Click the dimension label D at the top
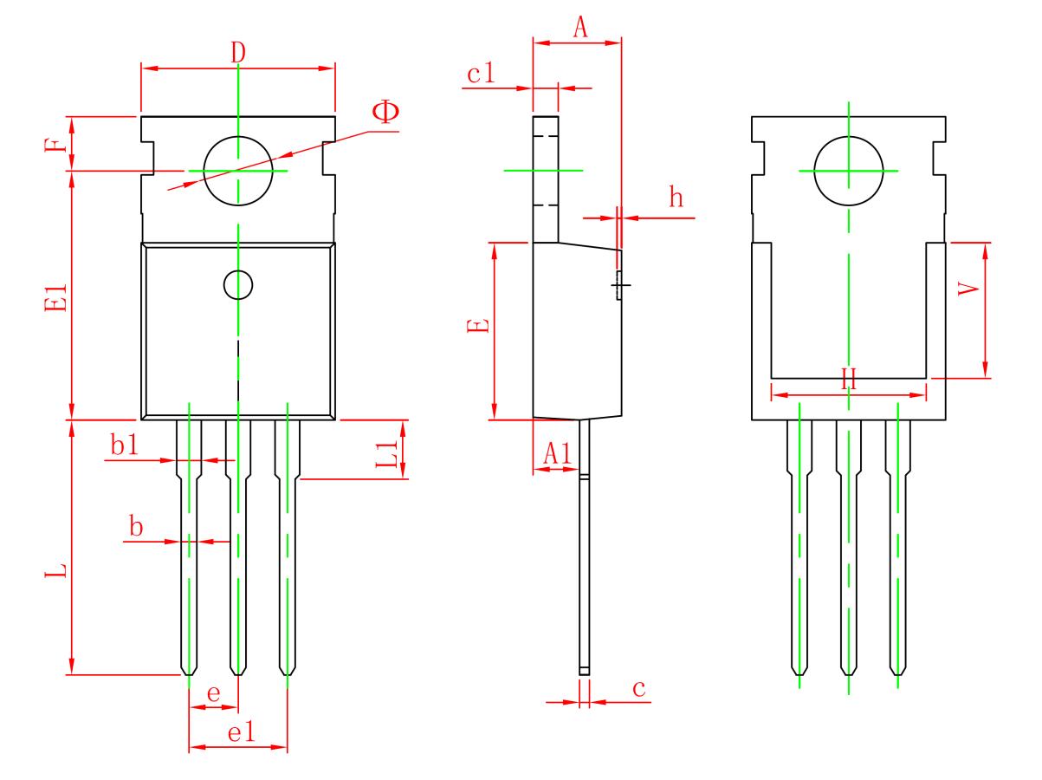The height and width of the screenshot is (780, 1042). [x=238, y=52]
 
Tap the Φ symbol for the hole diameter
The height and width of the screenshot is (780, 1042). [x=386, y=113]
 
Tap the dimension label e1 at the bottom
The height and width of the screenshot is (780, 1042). [x=240, y=732]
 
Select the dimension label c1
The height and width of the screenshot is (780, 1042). [x=481, y=75]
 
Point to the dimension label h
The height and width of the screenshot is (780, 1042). [x=676, y=198]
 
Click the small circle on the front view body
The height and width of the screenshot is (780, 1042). [x=237, y=284]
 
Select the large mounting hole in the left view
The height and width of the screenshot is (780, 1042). [x=238, y=171]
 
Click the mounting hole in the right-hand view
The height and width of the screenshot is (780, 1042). [x=849, y=171]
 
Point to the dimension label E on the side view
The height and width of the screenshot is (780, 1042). [x=482, y=326]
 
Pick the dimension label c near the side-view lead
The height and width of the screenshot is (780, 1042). [x=638, y=688]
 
